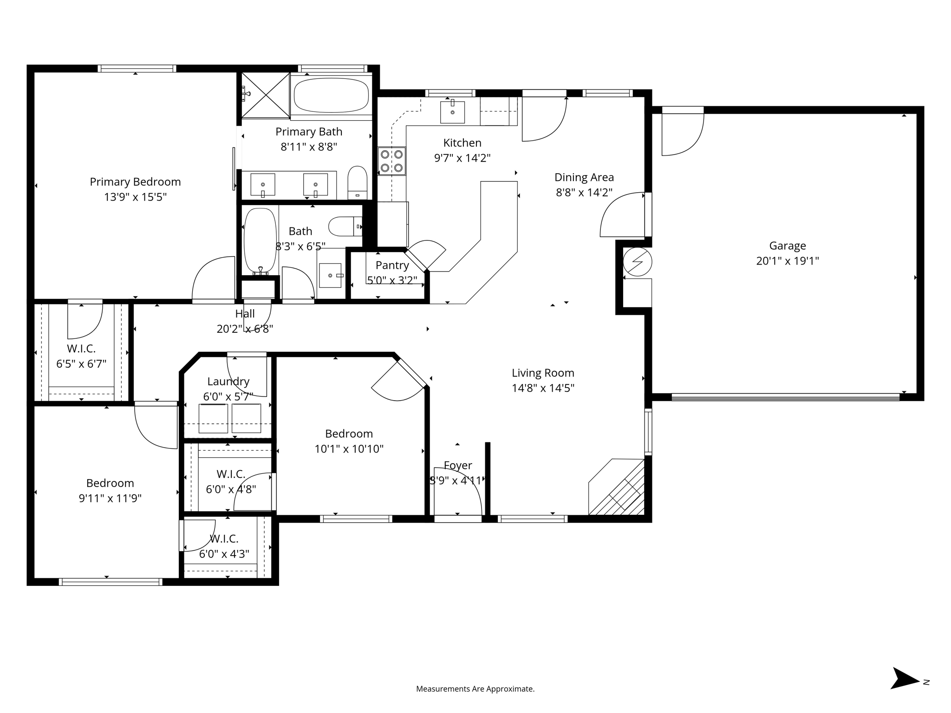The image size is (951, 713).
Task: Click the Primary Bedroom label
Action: point(135,181)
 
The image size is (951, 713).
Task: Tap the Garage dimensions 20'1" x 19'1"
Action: point(787,261)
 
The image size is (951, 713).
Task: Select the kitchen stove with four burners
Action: point(391,161)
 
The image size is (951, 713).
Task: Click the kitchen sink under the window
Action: point(452,112)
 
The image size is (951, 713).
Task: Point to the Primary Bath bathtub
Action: point(331,95)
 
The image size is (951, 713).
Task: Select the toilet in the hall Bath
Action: point(344,227)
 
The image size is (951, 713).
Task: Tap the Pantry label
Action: point(392,265)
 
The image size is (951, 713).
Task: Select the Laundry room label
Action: point(228,381)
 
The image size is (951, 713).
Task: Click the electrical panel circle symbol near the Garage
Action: point(637,262)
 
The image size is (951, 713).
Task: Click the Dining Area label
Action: point(584,177)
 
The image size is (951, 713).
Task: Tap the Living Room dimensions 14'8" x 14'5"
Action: point(543,388)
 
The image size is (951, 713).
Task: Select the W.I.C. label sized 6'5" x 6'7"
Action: point(81,349)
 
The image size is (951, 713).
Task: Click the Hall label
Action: point(245,314)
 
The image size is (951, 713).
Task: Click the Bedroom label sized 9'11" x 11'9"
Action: point(110,483)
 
